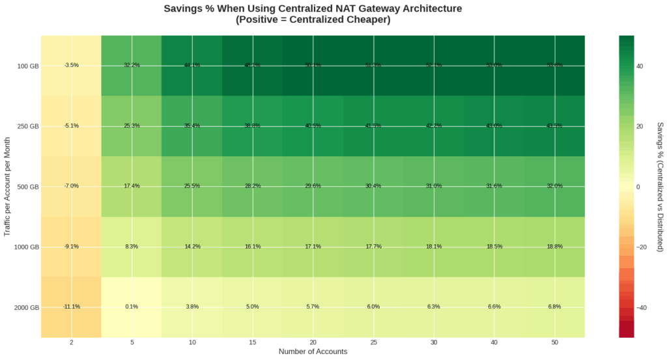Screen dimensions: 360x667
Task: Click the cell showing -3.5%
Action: [x=72, y=65]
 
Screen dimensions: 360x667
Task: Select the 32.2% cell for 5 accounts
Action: [x=132, y=65]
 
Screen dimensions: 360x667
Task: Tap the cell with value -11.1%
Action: [x=72, y=307]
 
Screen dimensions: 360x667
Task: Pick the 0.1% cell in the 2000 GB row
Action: [x=132, y=307]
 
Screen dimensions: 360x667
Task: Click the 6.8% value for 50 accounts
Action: [x=554, y=307]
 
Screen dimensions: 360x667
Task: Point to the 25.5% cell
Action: [x=192, y=186]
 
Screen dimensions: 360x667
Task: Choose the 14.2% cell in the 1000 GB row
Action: [x=192, y=247]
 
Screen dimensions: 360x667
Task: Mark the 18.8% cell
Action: [x=554, y=247]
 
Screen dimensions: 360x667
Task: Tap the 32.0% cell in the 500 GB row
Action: [x=554, y=186]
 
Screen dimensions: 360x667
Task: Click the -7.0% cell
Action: [x=72, y=186]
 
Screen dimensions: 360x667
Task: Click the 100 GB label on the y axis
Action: [x=28, y=66]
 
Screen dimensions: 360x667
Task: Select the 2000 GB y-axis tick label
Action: [x=26, y=307]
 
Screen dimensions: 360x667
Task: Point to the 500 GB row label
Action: [x=28, y=187]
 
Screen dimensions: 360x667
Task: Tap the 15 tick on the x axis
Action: [x=253, y=342]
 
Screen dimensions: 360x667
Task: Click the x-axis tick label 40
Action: [x=494, y=342]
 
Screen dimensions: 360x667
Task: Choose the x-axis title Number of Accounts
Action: [x=313, y=352]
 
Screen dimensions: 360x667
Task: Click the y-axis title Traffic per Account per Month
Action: [x=7, y=186]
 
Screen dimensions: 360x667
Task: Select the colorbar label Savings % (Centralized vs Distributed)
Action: [x=660, y=186]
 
